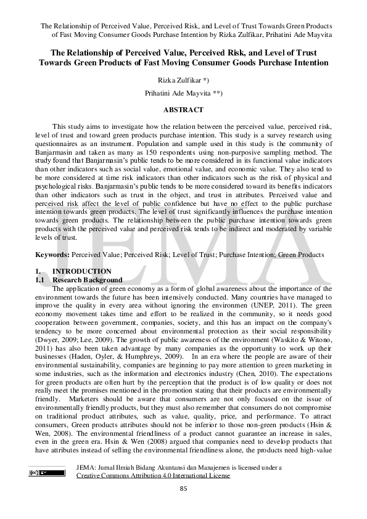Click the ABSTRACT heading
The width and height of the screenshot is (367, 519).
183,110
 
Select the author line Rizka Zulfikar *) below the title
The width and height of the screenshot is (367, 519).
183,80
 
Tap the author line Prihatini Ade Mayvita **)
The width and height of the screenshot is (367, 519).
183,94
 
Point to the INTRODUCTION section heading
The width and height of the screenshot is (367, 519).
82,271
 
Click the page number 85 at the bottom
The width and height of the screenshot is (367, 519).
183,488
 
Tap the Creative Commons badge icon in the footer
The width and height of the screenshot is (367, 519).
46,473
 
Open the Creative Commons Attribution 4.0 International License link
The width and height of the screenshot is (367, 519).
153,475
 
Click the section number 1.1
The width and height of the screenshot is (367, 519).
39,279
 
